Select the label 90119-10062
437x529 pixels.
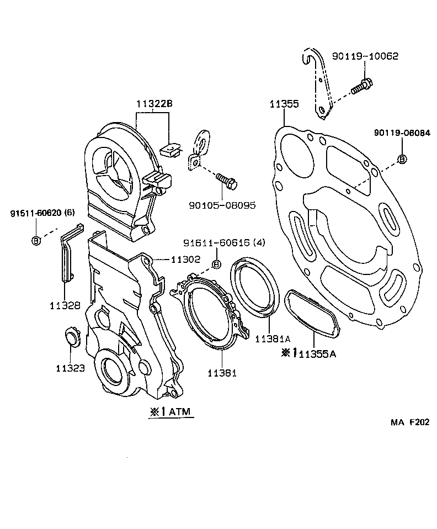(365, 56)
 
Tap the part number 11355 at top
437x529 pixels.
(284, 104)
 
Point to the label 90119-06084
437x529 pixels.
(401, 133)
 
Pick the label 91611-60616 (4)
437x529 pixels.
(217, 243)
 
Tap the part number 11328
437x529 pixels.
(65, 305)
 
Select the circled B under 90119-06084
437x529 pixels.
(402, 159)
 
